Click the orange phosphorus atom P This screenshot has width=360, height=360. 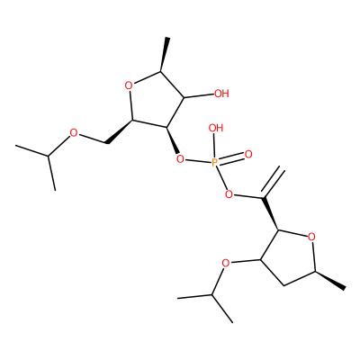coord(215,162)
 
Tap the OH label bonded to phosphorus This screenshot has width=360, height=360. coord(216,129)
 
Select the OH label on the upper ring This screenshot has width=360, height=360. coord(221,94)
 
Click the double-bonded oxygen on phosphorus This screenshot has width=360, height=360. coord(248,155)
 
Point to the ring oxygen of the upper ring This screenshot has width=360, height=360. coord(129,86)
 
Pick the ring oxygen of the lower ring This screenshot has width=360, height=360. coord(311,237)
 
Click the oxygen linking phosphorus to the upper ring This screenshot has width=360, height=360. coord(180,158)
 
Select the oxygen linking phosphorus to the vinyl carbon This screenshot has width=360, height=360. coord(229,195)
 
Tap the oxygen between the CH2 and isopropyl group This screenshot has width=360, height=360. coord(73,132)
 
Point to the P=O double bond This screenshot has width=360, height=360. coord(231,158)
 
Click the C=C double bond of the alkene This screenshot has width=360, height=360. coord(273,183)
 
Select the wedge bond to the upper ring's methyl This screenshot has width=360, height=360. coord(164,55)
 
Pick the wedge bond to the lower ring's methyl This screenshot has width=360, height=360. coord(330,280)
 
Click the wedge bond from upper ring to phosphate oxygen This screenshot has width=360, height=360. coord(173,140)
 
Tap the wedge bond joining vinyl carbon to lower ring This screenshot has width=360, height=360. coord(271,214)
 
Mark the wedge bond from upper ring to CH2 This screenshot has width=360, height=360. coord(120,131)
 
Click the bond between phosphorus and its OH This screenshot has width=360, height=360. coord(215,146)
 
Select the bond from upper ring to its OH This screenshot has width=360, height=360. coord(198,96)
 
